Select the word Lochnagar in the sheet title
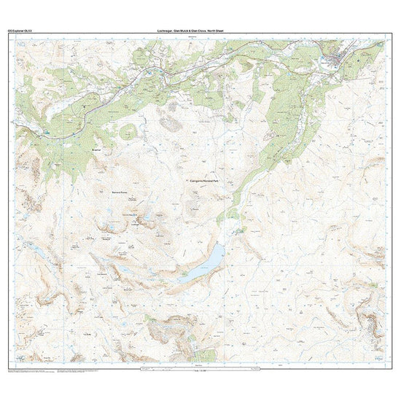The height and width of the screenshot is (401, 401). (166, 31)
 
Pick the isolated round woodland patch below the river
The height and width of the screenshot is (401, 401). (128, 132)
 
